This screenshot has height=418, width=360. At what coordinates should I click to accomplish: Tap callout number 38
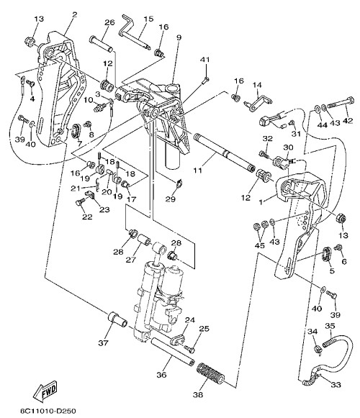point(198,394)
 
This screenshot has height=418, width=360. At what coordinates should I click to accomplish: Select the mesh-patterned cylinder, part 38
point(210,373)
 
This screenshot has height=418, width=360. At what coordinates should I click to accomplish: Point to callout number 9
point(179,37)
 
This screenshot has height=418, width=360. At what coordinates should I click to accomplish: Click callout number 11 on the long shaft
point(198,170)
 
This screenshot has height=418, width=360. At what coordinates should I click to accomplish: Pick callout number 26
point(109,22)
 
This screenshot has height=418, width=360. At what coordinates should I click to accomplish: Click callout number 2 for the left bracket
point(74,14)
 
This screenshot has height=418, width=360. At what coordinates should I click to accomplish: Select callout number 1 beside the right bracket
point(261,201)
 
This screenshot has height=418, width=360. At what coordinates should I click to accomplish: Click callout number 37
point(103,343)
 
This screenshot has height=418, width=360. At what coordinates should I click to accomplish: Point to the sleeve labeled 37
point(117,318)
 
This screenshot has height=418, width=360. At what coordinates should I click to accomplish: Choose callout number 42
point(348,120)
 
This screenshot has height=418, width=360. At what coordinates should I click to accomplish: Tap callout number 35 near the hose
point(330,325)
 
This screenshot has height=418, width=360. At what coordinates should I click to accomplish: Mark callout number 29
point(171,199)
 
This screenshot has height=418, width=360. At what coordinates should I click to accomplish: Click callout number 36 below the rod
point(161,375)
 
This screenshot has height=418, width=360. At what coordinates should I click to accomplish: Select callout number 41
point(205,60)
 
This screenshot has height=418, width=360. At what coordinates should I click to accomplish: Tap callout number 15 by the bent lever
point(148,19)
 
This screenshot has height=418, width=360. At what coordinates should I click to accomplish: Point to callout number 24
point(190,319)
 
